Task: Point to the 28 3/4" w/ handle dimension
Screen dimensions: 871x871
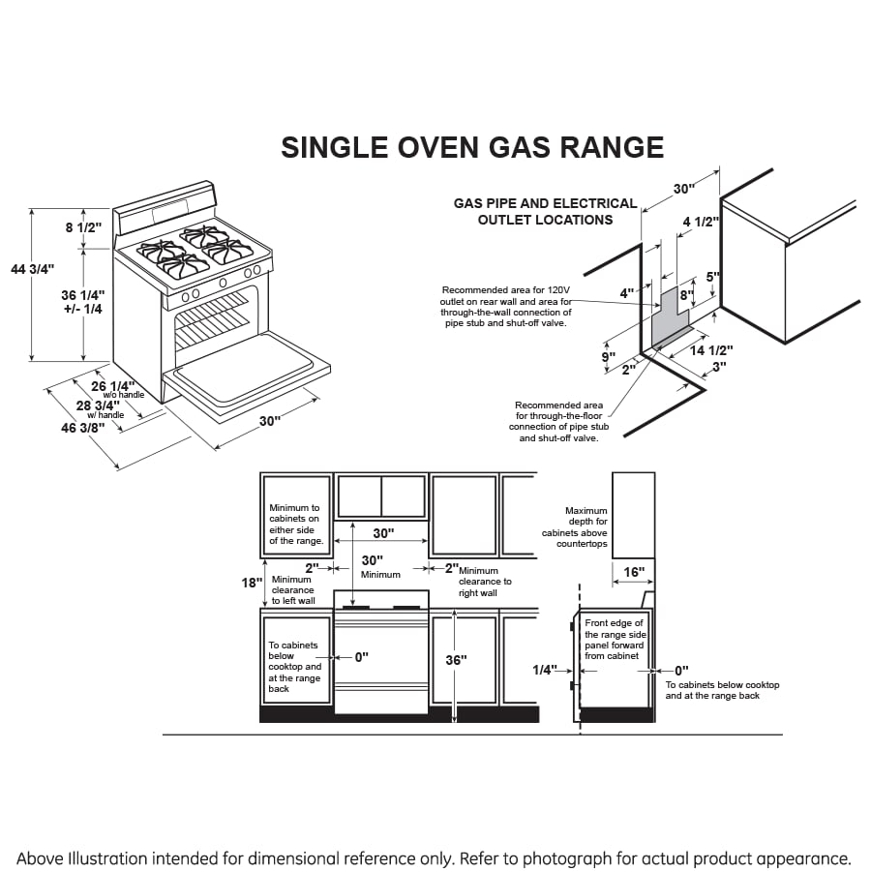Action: click(x=98, y=406)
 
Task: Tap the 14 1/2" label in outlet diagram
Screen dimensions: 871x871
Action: click(x=710, y=350)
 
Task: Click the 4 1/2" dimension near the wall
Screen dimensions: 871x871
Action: click(x=700, y=222)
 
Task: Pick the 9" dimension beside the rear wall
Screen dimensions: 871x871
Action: click(x=608, y=357)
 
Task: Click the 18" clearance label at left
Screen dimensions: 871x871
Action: click(x=251, y=583)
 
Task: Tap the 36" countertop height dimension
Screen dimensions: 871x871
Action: click(x=456, y=659)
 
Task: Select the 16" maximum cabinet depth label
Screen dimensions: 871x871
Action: click(x=633, y=573)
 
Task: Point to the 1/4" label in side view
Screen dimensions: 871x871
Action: click(x=545, y=670)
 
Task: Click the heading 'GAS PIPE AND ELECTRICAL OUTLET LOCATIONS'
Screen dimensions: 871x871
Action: click(x=545, y=211)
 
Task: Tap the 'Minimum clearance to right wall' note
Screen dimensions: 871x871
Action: click(x=484, y=582)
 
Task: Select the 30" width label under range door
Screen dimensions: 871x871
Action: click(x=270, y=421)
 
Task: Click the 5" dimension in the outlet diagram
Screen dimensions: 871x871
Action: click(x=712, y=276)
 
